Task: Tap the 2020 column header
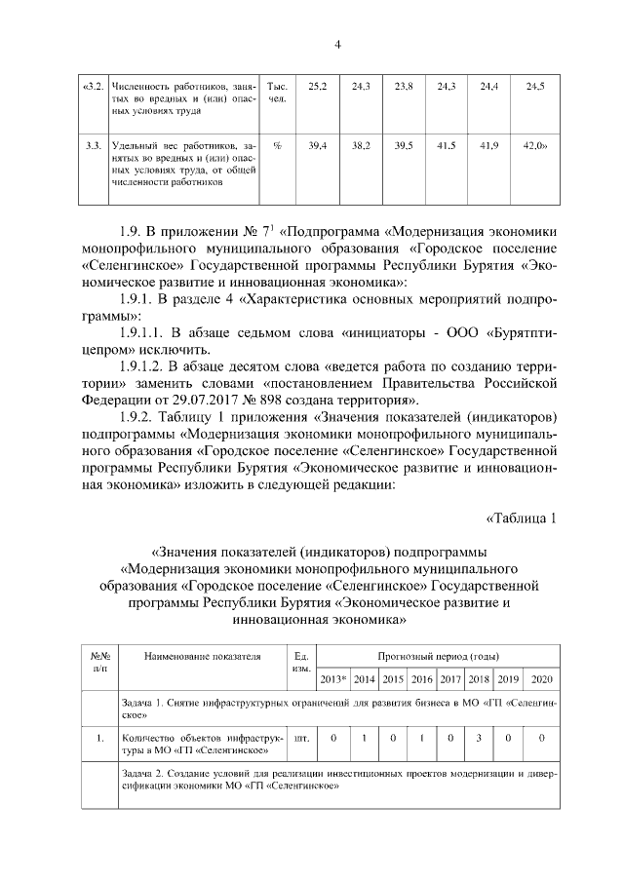pos(541,678)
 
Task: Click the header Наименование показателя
pos(203,656)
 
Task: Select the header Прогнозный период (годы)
pos(439,656)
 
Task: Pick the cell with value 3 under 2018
pos(480,738)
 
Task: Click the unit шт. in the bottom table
pos(300,738)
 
